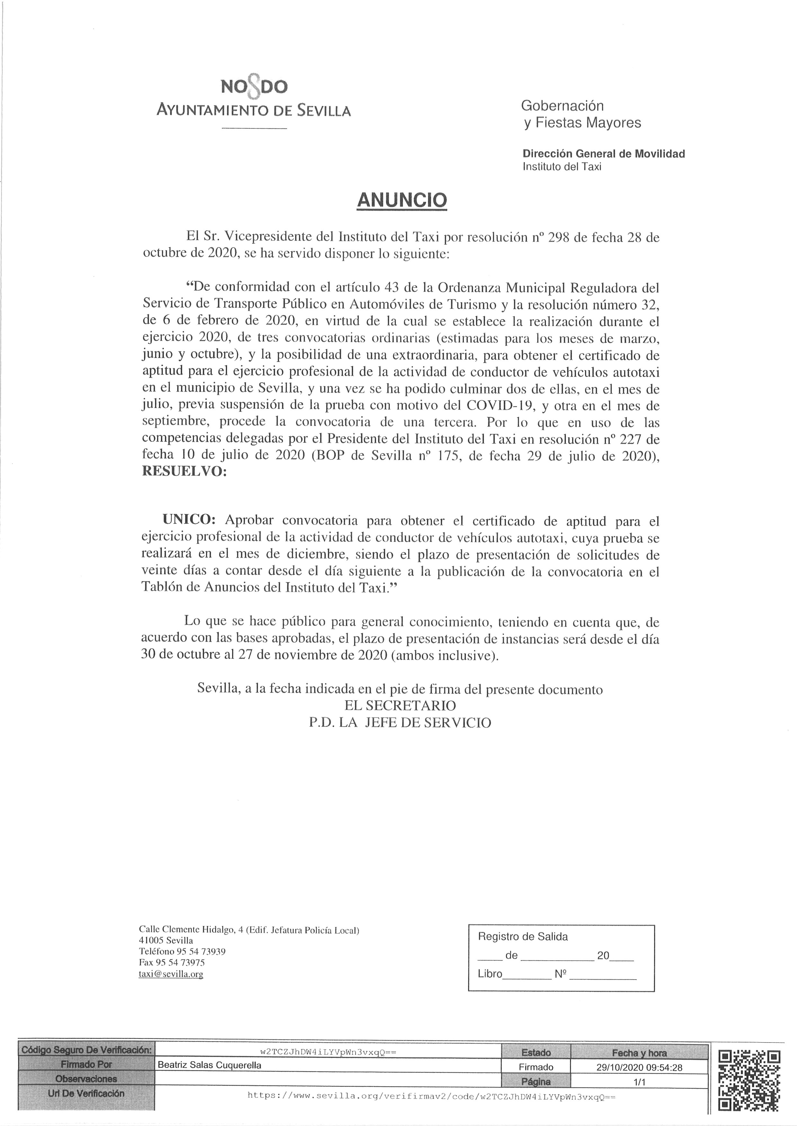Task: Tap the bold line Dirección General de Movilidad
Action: (604, 154)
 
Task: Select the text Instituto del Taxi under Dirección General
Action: (562, 167)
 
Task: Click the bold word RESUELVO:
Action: (184, 472)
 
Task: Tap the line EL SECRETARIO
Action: (400, 706)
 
